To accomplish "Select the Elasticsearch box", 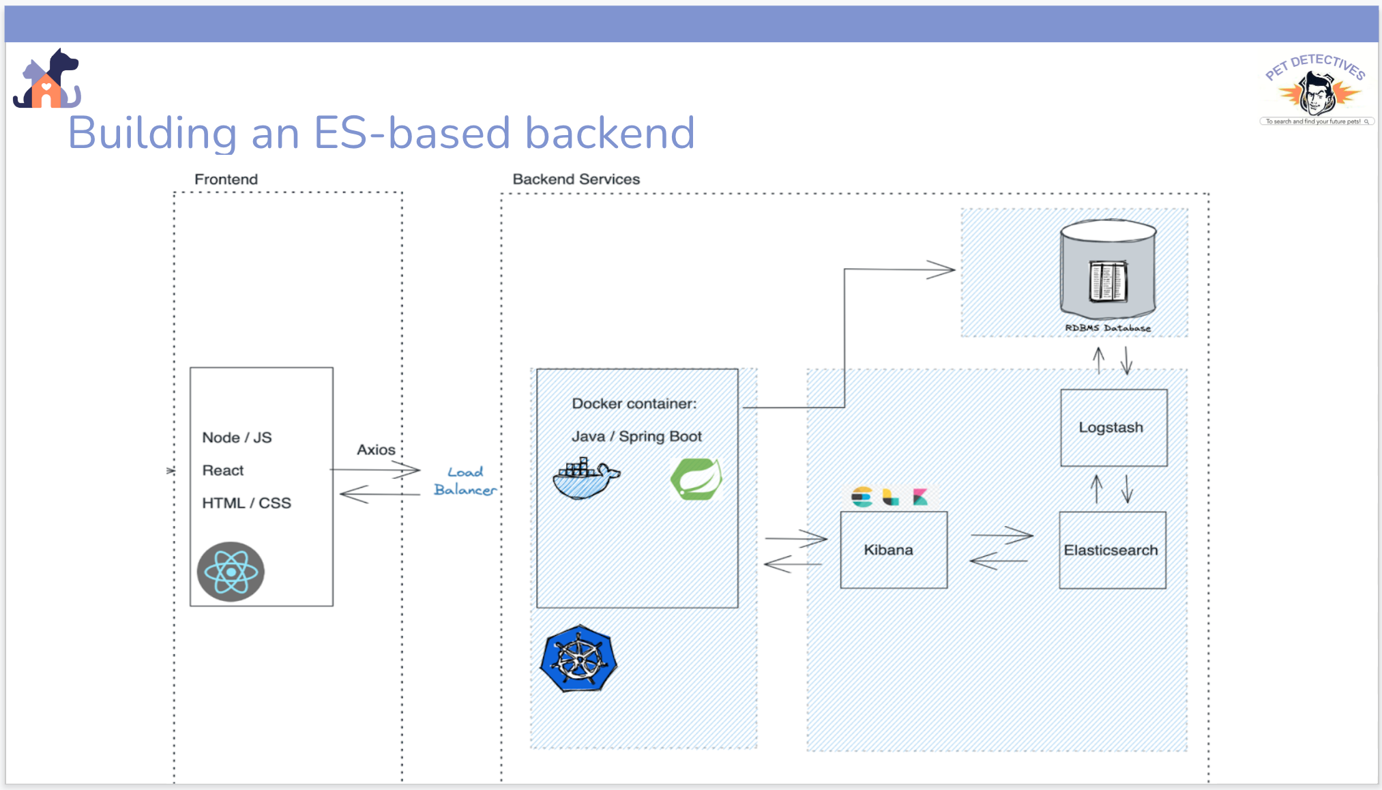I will tap(1112, 550).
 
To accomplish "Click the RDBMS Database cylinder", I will tap(1108, 269).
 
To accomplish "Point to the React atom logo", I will tap(231, 572).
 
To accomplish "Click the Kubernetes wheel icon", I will tap(578, 659).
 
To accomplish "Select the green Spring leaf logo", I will tap(696, 479).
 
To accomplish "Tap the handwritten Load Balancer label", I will tap(465, 481).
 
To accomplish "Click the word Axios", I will tap(376, 450).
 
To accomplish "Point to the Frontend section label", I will tap(226, 179).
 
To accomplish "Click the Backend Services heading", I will tap(576, 179).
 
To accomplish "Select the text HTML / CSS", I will tap(246, 503).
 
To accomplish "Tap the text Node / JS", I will tap(237, 437).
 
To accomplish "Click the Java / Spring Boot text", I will tap(636, 436).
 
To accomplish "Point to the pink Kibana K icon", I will tap(920, 497).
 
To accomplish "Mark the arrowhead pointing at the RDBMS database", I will tap(945, 269).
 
